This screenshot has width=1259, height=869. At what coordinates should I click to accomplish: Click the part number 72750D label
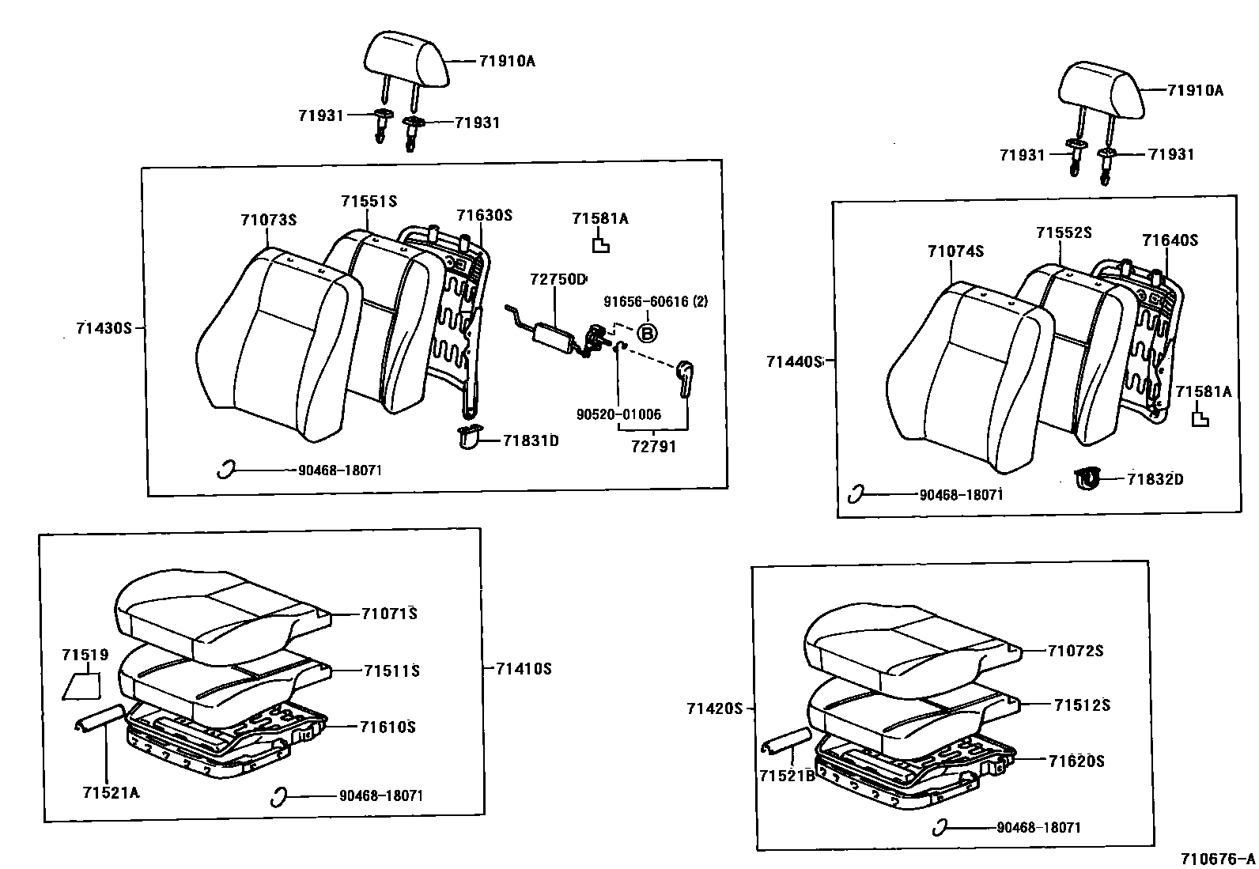click(x=558, y=279)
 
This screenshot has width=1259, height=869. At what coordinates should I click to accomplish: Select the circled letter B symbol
click(x=647, y=334)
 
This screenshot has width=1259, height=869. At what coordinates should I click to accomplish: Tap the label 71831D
click(x=531, y=440)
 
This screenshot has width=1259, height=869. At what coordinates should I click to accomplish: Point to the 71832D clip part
click(x=1088, y=478)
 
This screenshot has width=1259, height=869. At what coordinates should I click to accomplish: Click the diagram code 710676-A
click(x=1217, y=859)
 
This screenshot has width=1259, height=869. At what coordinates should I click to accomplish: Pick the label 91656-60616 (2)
click(x=656, y=301)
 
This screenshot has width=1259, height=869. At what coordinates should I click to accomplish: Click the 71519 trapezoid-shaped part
click(x=81, y=685)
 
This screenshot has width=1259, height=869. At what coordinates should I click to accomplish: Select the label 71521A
click(x=110, y=792)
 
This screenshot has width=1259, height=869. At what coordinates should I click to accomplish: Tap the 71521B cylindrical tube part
click(x=785, y=740)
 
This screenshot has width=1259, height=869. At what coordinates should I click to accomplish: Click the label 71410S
click(x=523, y=668)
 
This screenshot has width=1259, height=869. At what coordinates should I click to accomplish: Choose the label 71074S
click(x=955, y=251)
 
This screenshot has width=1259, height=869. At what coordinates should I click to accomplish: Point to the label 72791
click(x=653, y=446)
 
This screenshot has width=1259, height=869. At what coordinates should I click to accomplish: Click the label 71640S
click(x=1170, y=240)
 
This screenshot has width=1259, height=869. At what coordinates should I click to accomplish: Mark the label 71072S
click(x=1075, y=651)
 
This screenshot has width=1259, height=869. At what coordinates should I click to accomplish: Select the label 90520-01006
click(x=618, y=414)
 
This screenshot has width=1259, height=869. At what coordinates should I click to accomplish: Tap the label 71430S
click(x=104, y=327)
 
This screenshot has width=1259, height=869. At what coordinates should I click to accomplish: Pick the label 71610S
click(x=388, y=726)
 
